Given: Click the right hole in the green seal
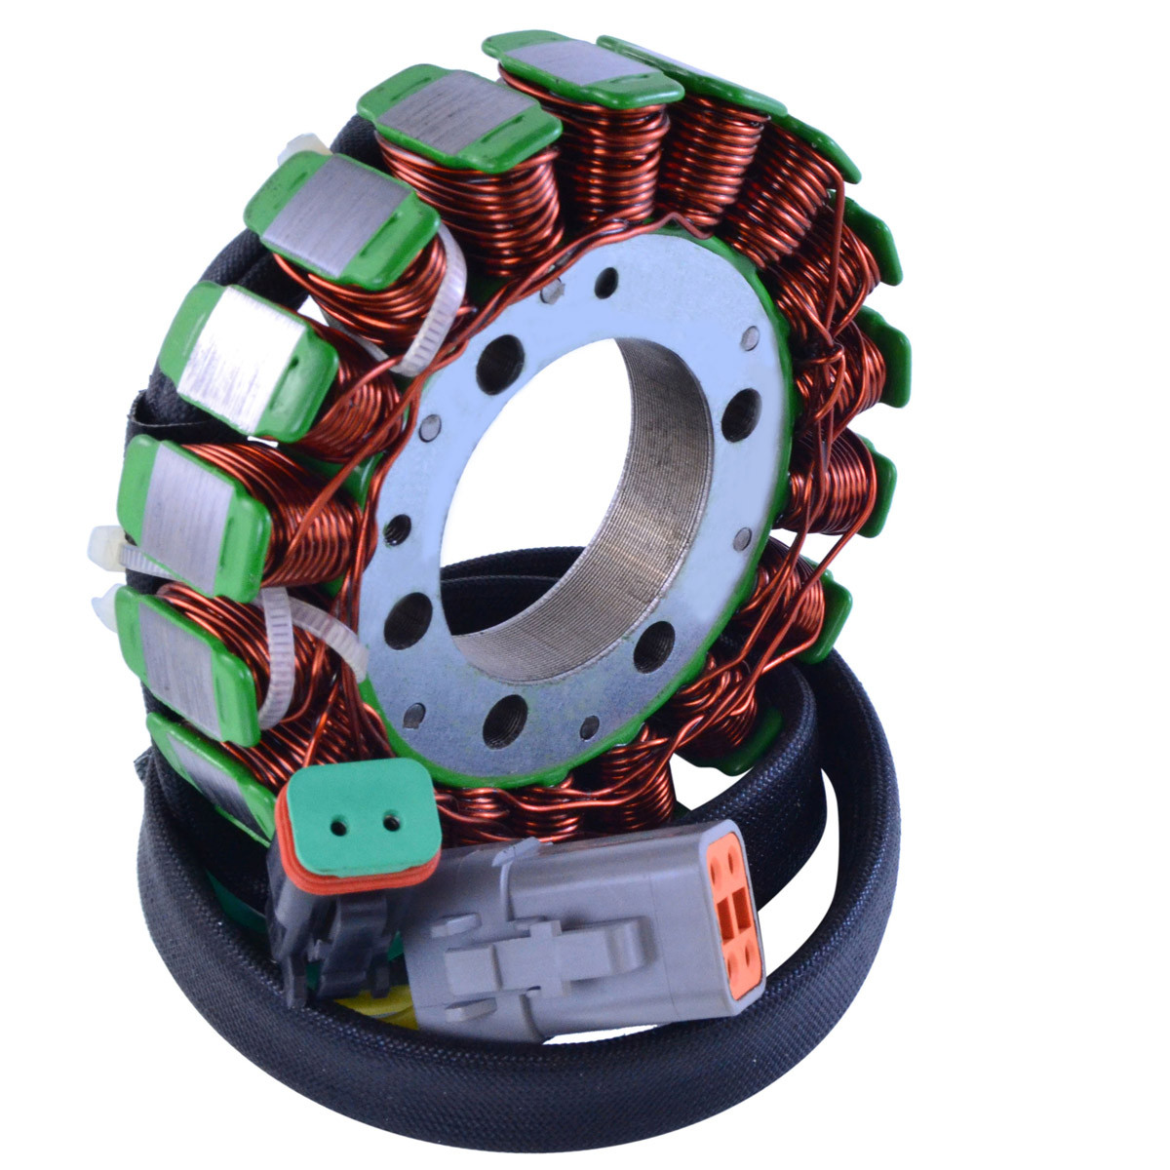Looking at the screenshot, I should [x=392, y=822].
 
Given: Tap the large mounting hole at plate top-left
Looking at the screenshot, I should [x=499, y=364].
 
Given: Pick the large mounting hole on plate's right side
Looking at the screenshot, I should [x=741, y=413].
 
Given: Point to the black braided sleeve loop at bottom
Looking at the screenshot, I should [x=585, y=1092].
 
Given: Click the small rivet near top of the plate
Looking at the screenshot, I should [x=605, y=284].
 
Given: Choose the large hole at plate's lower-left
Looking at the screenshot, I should [x=408, y=620].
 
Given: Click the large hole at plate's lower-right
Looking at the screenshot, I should [x=653, y=645].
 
